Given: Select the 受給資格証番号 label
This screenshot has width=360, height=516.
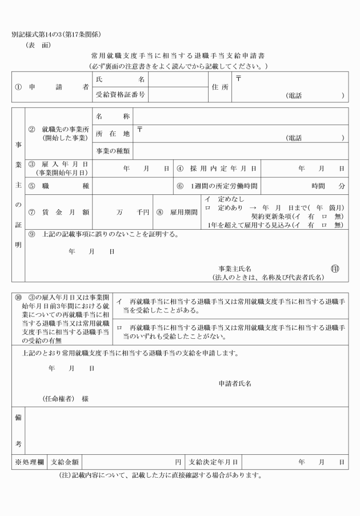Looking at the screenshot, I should [x=121, y=94].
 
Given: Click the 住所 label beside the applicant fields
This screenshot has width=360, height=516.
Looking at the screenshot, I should [x=220, y=87].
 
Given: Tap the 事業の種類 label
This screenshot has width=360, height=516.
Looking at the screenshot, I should [x=113, y=151].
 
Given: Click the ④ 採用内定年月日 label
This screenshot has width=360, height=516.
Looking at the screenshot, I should [x=217, y=169].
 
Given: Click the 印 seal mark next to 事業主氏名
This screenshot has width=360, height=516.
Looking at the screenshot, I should [x=334, y=268].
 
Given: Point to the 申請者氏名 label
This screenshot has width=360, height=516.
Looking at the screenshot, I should [x=235, y=383].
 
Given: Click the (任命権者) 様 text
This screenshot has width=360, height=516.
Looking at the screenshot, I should [x=65, y=398].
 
